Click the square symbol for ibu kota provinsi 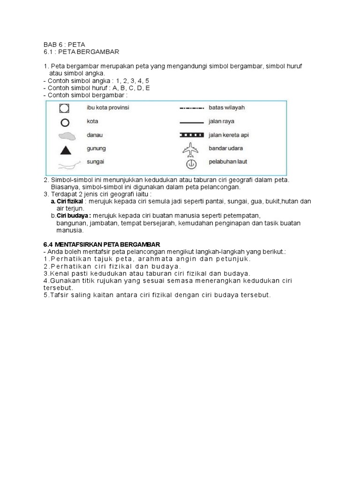(65, 108)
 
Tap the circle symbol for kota (65, 123)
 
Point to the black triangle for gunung (66, 150)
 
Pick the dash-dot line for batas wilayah (192, 108)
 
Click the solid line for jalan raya (192, 121)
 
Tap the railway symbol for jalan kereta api (192, 135)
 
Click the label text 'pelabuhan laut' (228, 162)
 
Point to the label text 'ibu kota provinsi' (108, 107)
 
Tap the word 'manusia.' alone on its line (70, 230)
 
